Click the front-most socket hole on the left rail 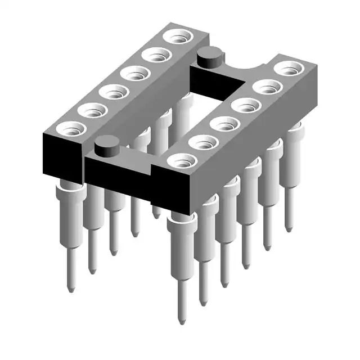click(x=71, y=129)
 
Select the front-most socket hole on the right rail click(x=182, y=161)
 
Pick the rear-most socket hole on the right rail click(x=289, y=69)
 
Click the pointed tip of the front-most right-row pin click(x=181, y=322)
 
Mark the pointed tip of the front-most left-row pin click(x=70, y=290)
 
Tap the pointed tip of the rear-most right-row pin click(x=289, y=229)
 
